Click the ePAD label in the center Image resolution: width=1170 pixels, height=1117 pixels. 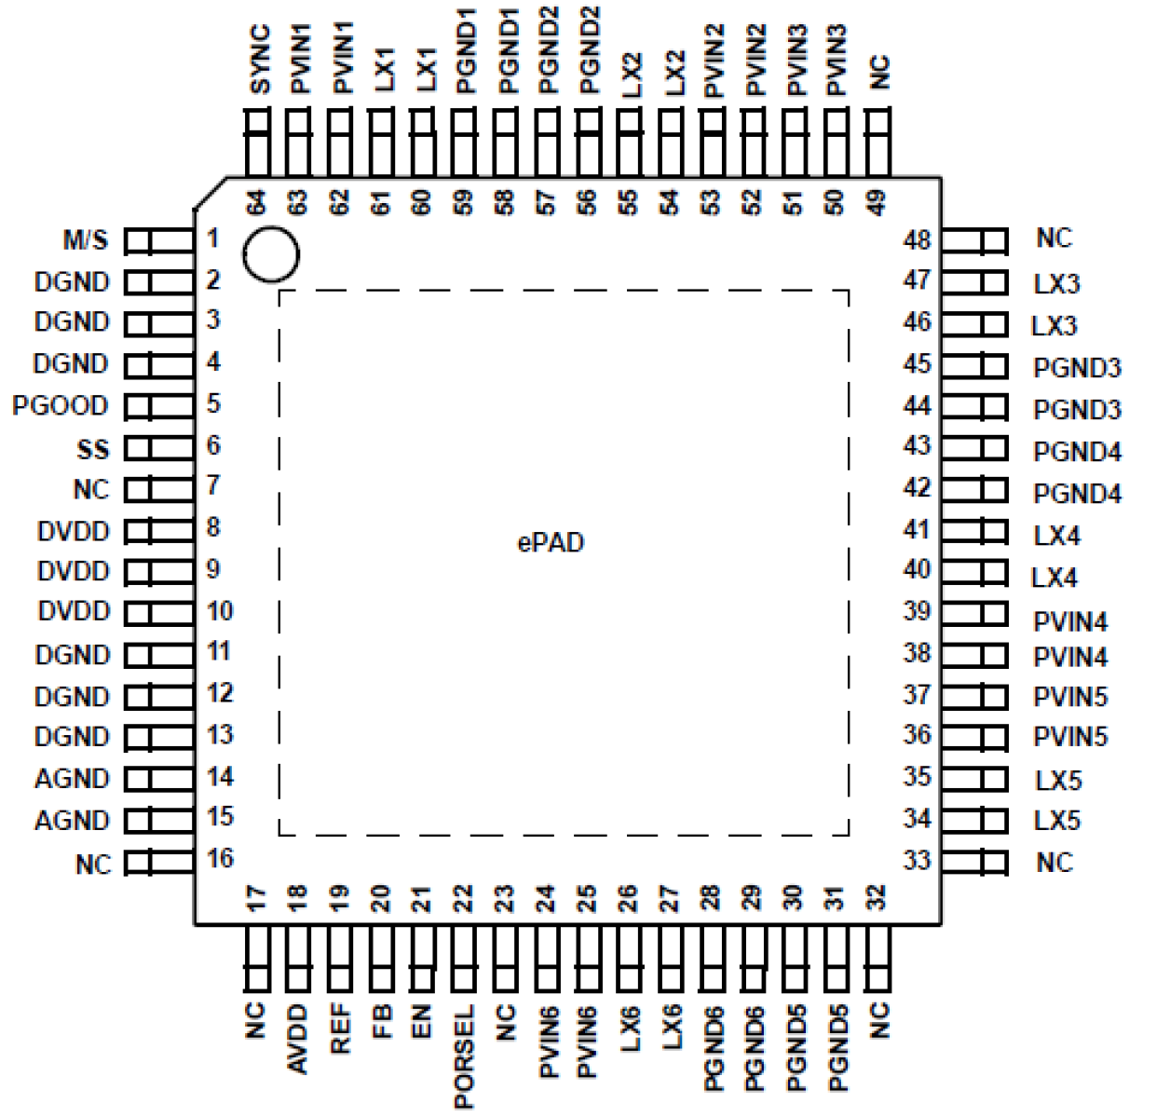point(551,542)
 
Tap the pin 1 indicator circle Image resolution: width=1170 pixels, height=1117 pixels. point(270,254)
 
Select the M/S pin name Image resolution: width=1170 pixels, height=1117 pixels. point(86,240)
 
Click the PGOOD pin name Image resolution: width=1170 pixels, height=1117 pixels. point(61,406)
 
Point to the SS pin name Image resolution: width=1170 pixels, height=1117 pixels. point(92,450)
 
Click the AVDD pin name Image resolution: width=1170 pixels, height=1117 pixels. point(298,1039)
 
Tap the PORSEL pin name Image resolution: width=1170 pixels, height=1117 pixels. point(464,1056)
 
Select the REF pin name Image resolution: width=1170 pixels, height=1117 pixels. point(340,1028)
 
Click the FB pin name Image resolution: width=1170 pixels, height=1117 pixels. point(381,1021)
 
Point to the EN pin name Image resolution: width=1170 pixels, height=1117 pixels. point(422,1021)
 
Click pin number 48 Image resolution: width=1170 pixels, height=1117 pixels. point(917,240)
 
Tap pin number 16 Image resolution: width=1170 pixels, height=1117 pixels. point(220,858)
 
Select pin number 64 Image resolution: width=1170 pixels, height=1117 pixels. point(256,202)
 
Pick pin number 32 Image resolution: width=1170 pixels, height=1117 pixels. point(877,898)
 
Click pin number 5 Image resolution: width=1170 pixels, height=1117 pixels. point(213,403)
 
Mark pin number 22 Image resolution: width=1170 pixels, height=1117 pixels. point(463,898)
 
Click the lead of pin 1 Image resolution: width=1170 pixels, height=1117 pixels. point(159,241)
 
